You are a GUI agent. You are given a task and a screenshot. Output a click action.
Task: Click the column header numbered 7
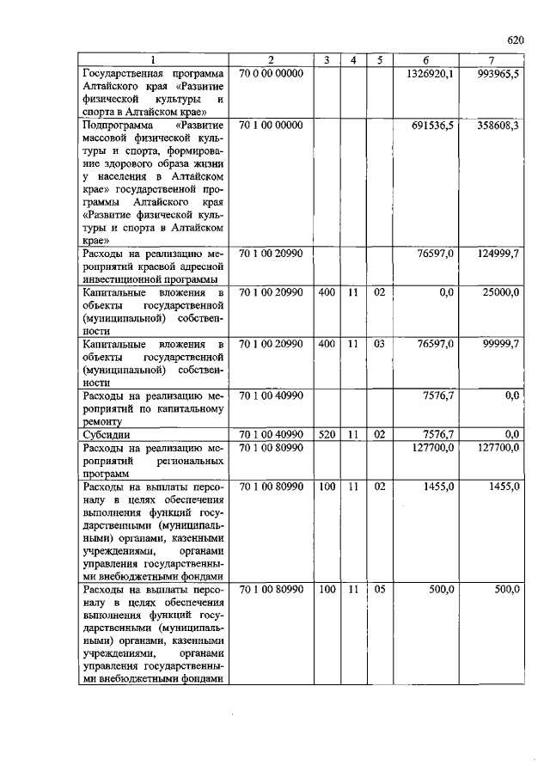tap(491, 59)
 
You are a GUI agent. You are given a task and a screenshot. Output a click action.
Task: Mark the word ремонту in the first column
tap(103, 422)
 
